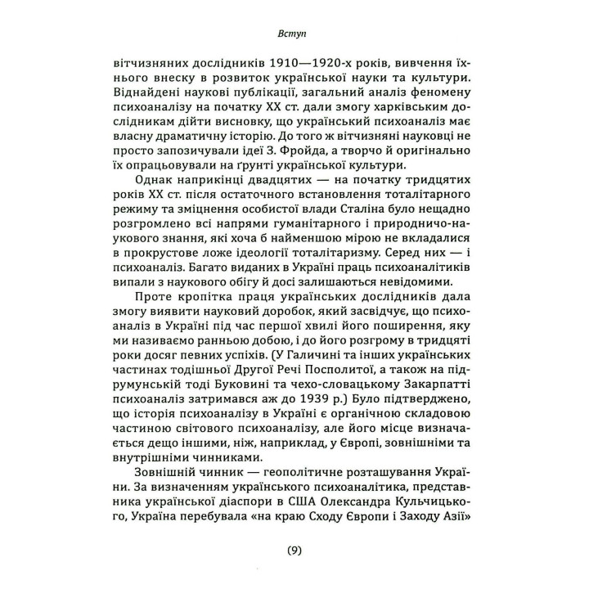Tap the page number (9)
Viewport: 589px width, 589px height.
coord(294,551)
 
